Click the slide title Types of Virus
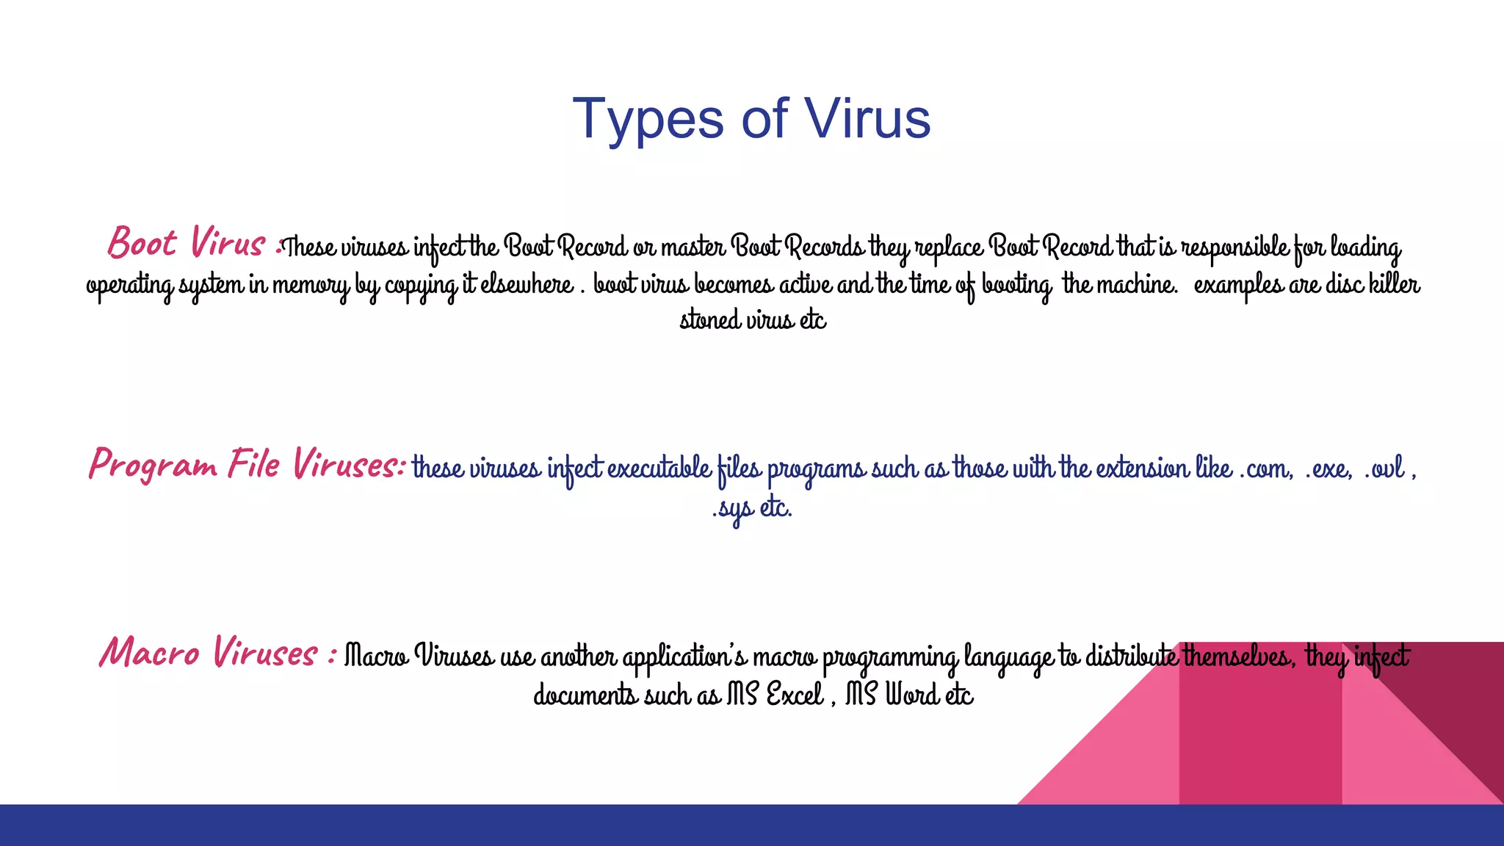[751, 119]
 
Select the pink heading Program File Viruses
[245, 464]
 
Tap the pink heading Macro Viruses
[209, 653]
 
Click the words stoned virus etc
[753, 320]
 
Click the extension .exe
[1328, 468]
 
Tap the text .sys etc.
[752, 507]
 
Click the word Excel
[795, 694]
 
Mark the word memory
[311, 284]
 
